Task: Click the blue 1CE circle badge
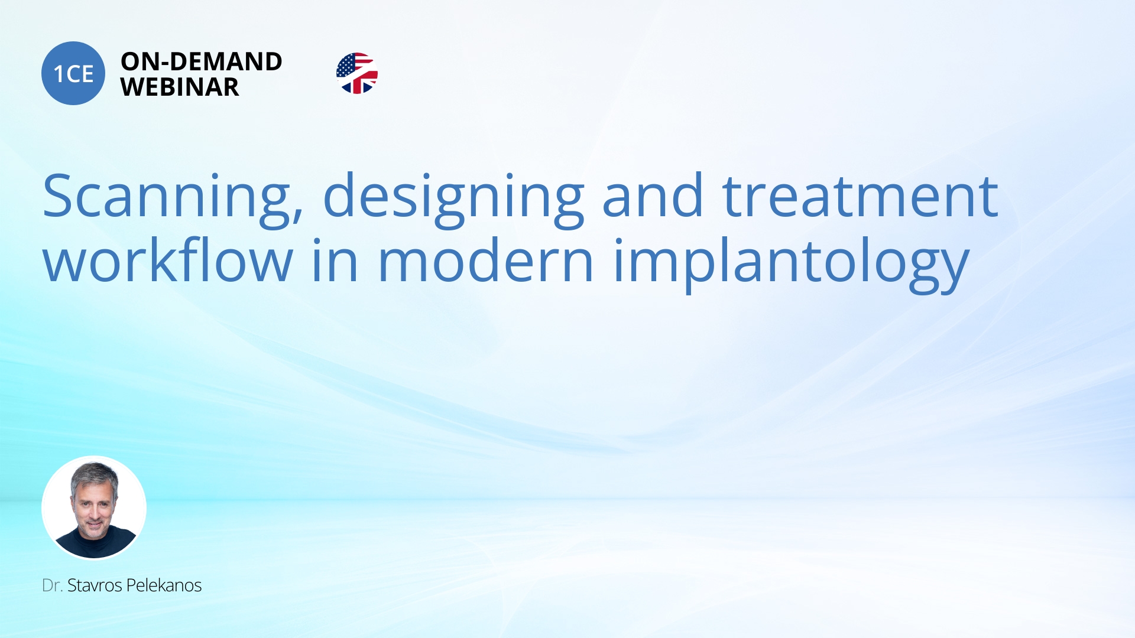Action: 73,73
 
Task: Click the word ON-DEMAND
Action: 201,61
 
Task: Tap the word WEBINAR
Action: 180,87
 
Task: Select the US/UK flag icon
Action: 357,73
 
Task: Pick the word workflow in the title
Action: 168,260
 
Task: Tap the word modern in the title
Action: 485,260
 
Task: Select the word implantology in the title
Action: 792,263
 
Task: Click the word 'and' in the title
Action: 653,195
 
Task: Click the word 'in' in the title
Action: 335,260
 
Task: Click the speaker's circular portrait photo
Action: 94,507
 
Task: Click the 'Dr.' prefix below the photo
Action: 52,585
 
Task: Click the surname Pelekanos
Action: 164,585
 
